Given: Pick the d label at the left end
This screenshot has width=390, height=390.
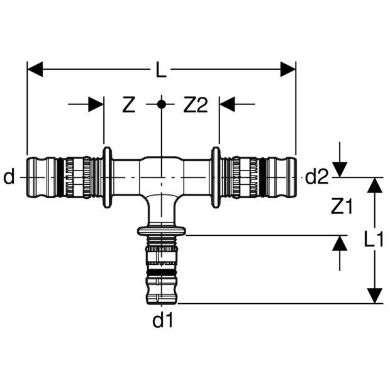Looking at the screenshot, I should pos(9,178).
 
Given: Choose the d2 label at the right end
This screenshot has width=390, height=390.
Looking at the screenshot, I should pos(317,178).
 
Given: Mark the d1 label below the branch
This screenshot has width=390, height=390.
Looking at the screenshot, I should pos(162,321).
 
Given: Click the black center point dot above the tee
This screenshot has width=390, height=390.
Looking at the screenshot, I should pos(162,104).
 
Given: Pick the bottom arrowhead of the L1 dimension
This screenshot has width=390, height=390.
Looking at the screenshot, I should pos(375,296).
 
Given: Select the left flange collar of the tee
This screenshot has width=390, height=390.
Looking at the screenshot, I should pos(108,178).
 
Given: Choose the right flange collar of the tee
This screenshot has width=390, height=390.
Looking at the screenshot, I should pos(216,178).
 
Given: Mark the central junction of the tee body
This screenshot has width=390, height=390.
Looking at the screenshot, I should pos(162,178).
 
